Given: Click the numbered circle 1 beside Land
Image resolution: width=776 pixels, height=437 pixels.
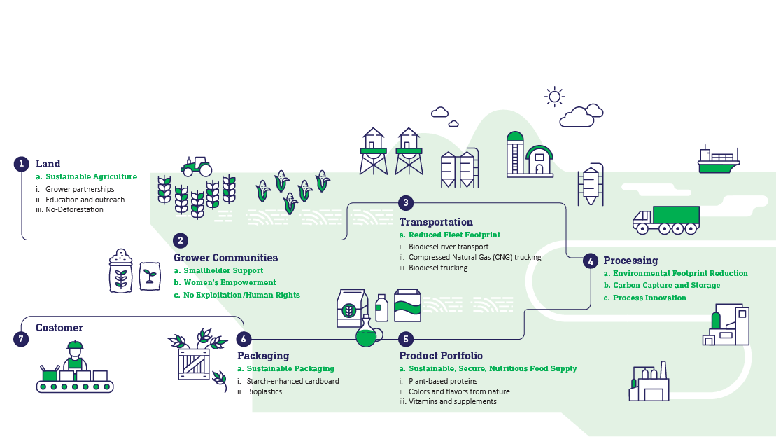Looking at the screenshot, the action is point(21,164).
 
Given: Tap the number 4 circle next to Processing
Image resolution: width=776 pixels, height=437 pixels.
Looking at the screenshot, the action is point(591,261).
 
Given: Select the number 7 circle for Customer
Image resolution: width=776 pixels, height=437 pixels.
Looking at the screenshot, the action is point(21,340).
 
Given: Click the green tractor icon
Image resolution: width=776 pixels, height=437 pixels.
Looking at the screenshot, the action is point(197,167).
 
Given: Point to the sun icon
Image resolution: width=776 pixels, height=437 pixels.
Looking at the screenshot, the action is point(554,97).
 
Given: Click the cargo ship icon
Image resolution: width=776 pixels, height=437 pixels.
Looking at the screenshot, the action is point(719,160).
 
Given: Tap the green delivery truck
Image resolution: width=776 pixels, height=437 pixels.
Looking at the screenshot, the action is point(666,220).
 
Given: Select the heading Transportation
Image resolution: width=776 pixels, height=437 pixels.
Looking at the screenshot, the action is point(436,222).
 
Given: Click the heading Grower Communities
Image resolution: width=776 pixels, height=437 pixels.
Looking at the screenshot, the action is point(226,258).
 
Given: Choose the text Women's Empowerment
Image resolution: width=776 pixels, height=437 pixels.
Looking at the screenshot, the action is point(230,282).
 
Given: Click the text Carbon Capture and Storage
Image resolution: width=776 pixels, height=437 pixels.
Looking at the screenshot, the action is point(667,286).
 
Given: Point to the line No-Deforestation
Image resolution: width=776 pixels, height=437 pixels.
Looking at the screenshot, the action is point(74,209).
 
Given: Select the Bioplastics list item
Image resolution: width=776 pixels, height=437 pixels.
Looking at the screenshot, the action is point(264,391).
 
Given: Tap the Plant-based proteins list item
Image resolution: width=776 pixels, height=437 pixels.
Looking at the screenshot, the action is point(443,382).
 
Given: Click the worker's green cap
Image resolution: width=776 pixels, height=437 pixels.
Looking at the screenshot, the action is point(75,345).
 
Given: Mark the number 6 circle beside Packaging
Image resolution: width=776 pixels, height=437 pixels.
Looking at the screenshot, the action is point(244,340).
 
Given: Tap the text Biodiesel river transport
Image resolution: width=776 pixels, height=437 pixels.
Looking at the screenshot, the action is point(449,247).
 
